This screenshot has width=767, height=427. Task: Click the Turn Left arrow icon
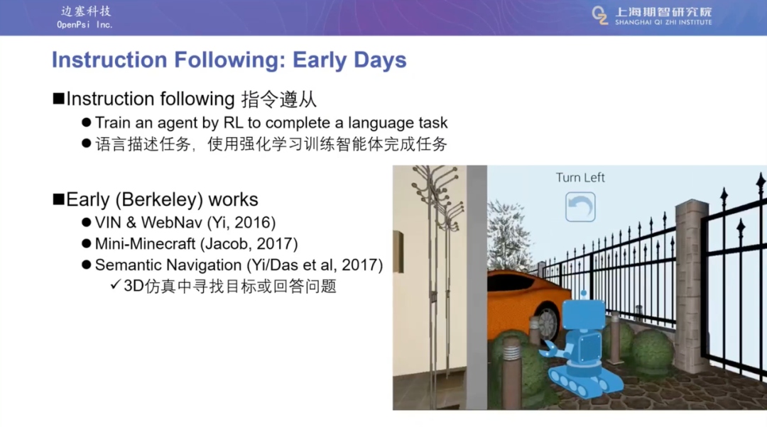(580, 206)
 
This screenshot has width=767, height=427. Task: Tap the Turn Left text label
(580, 177)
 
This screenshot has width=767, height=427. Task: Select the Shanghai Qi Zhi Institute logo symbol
(600, 15)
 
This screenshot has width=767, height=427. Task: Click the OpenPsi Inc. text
(85, 25)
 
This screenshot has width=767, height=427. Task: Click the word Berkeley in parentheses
(159, 200)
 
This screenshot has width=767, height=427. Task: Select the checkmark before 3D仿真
(116, 284)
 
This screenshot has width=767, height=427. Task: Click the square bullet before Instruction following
(59, 99)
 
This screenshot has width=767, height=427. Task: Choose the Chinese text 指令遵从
(279, 99)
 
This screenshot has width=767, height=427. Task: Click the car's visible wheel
(546, 323)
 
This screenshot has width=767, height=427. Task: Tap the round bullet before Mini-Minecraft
(87, 243)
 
